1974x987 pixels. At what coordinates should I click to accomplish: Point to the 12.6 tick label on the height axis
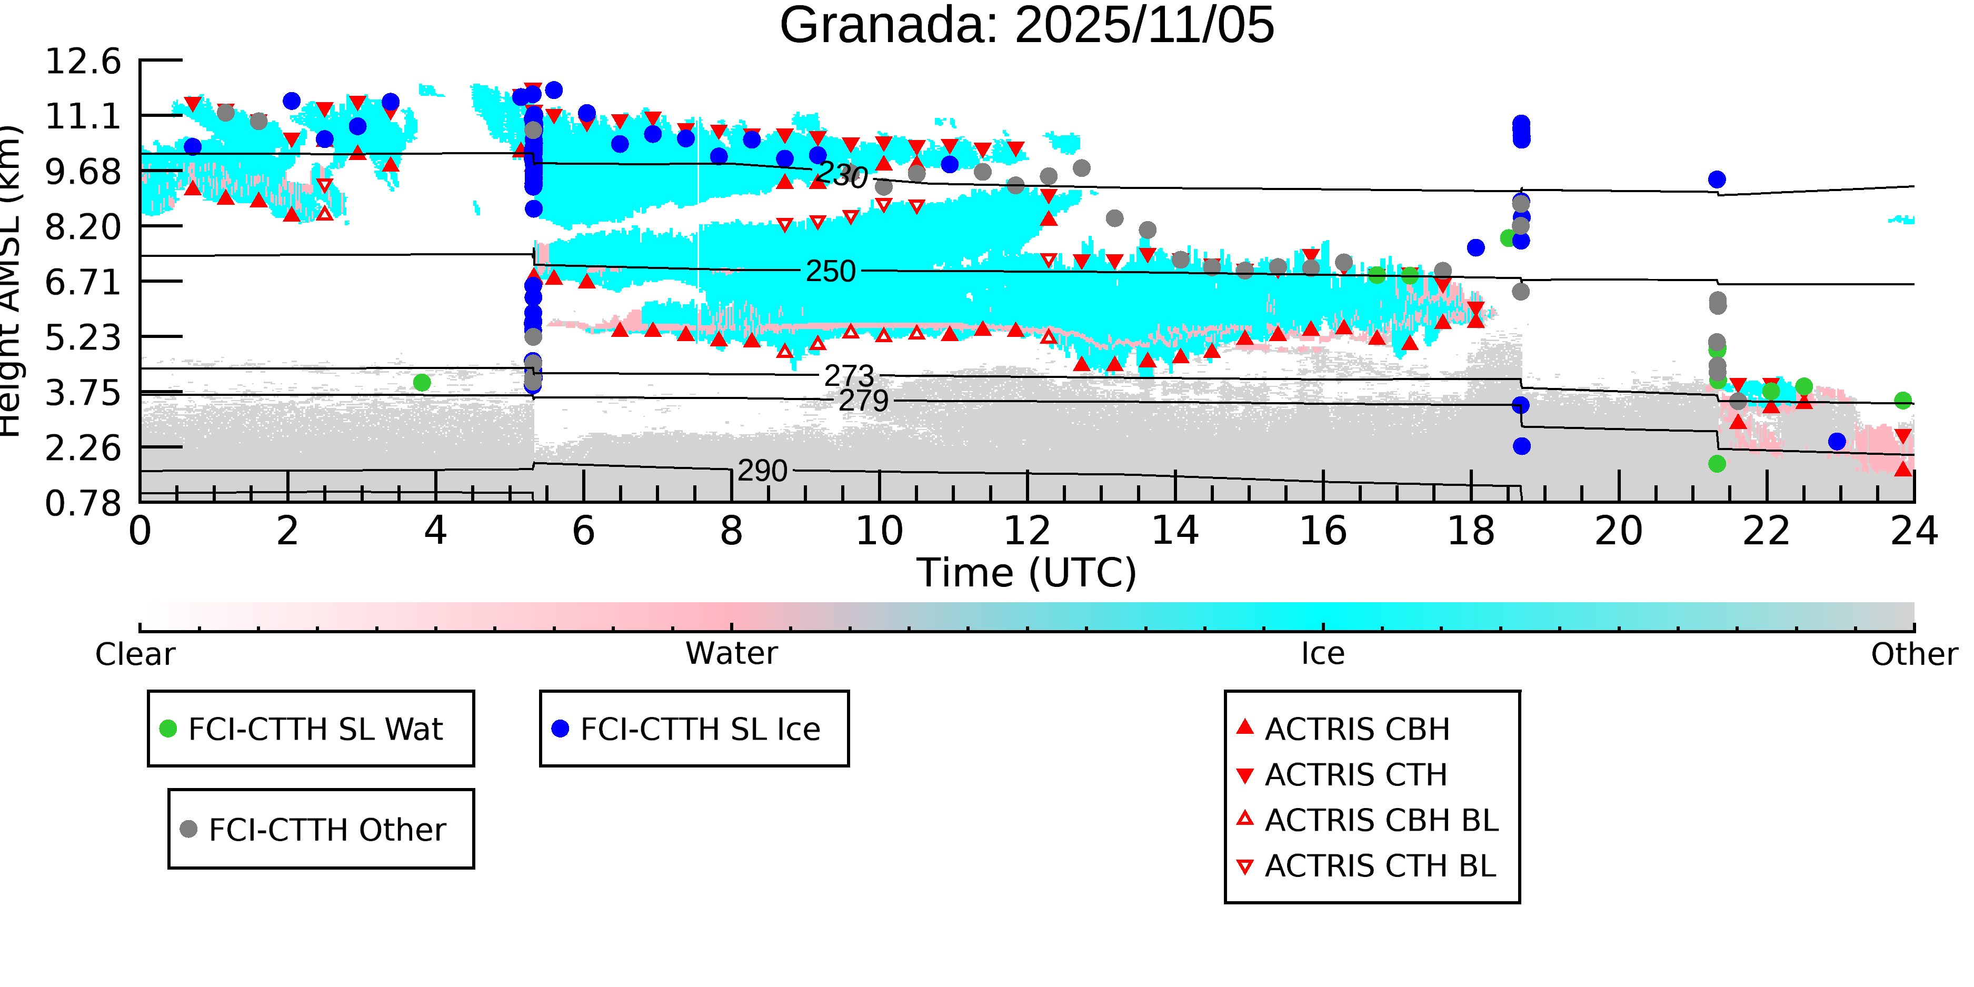tap(83, 61)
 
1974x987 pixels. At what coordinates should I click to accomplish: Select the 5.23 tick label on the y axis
tap(83, 337)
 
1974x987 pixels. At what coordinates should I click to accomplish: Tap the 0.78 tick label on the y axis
tap(83, 503)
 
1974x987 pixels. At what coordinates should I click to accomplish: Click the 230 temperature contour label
tap(841, 175)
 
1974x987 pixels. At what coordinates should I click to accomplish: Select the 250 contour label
tap(830, 271)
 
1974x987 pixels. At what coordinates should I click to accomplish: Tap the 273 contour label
tap(849, 375)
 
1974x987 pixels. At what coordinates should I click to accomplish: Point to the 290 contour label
tap(762, 471)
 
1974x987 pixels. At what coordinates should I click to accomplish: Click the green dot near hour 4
tap(422, 382)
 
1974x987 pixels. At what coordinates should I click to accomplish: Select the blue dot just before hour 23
tap(1837, 442)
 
